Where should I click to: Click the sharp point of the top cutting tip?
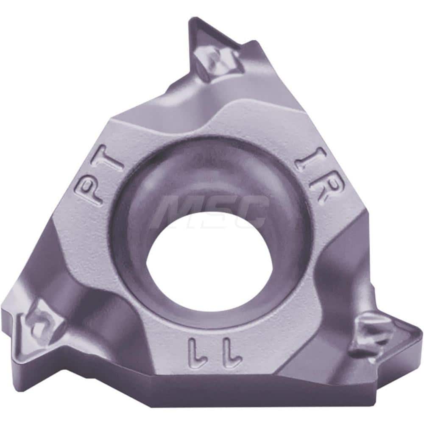[x=190, y=20]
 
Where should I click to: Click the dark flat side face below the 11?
[x=212, y=392]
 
